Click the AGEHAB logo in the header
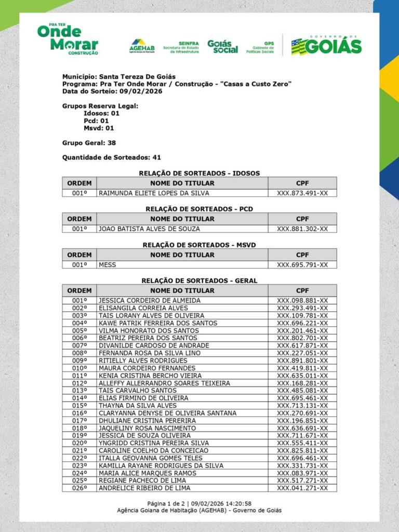coord(142,46)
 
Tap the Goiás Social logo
coord(222,46)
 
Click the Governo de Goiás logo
coord(326,45)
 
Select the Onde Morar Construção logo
coord(68,39)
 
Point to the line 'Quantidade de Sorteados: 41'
coord(112,157)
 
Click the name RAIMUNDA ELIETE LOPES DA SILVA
coord(154,193)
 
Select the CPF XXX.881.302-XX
coord(302,229)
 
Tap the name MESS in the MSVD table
coord(108,264)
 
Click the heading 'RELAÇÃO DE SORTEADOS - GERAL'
coord(199,281)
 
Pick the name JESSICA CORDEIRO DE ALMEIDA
coord(150,300)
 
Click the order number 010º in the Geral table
coord(79,368)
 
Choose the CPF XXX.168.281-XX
coord(302,383)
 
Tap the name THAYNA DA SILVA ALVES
coord(138,405)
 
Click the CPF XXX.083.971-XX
coord(302,473)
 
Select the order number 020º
coord(79,443)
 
